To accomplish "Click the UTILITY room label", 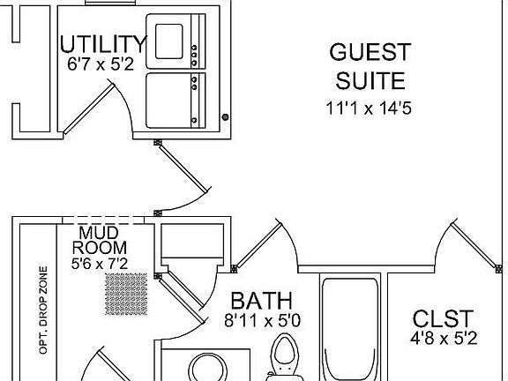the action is pyautogui.click(x=103, y=44).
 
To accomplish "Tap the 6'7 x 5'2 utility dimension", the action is pyautogui.click(x=101, y=64).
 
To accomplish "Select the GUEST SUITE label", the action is pyautogui.click(x=370, y=66).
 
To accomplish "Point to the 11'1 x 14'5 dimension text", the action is pyautogui.click(x=369, y=108).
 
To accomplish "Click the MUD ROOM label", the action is pyautogui.click(x=99, y=241).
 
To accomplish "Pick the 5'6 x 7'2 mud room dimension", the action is pyautogui.click(x=100, y=264).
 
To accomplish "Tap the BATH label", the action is pyautogui.click(x=261, y=301).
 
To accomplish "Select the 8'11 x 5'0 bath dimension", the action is pyautogui.click(x=263, y=321).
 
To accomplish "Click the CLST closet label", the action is pyautogui.click(x=443, y=318).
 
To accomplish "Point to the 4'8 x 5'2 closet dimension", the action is pyautogui.click(x=444, y=339).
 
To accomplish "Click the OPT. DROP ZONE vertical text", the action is pyautogui.click(x=43, y=310).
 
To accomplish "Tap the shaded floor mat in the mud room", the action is pyautogui.click(x=126, y=295).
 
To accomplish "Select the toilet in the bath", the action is pyautogui.click(x=285, y=358).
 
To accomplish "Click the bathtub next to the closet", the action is pyautogui.click(x=350, y=328).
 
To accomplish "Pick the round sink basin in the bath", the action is pyautogui.click(x=208, y=368).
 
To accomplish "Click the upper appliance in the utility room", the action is pyautogui.click(x=176, y=41).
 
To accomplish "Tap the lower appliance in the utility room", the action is pyautogui.click(x=176, y=101).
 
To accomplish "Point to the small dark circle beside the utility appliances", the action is pyautogui.click(x=225, y=117).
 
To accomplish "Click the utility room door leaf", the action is pyautogui.click(x=89, y=108).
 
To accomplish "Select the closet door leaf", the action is pyautogui.click(x=474, y=245).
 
